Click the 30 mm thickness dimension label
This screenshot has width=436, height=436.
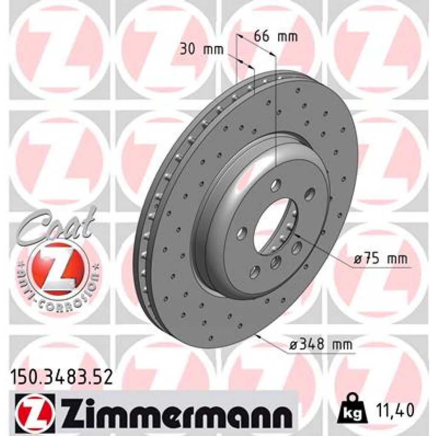(x=201, y=49)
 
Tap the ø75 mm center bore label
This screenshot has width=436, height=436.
(x=381, y=258)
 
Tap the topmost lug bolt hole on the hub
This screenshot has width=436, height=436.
(x=276, y=185)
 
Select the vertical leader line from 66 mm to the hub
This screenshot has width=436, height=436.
(x=276, y=111)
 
